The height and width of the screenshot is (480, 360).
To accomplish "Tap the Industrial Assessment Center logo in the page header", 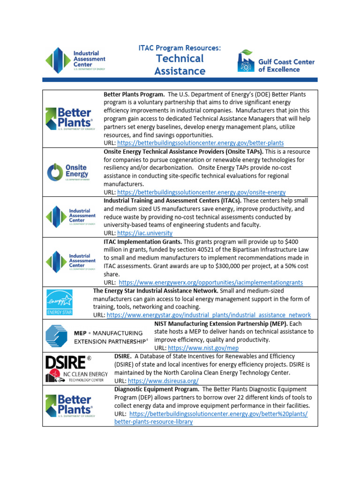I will click(x=75, y=60).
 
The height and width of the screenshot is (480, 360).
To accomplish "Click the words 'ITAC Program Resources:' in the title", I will click(x=180, y=48).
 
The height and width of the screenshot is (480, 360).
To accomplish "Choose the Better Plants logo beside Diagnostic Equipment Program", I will click(x=70, y=405).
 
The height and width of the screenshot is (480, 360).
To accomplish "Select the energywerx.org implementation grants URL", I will click(x=211, y=283).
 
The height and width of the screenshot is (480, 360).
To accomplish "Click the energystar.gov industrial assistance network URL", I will click(x=209, y=315).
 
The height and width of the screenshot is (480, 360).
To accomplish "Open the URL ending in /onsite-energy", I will click(x=201, y=192).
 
